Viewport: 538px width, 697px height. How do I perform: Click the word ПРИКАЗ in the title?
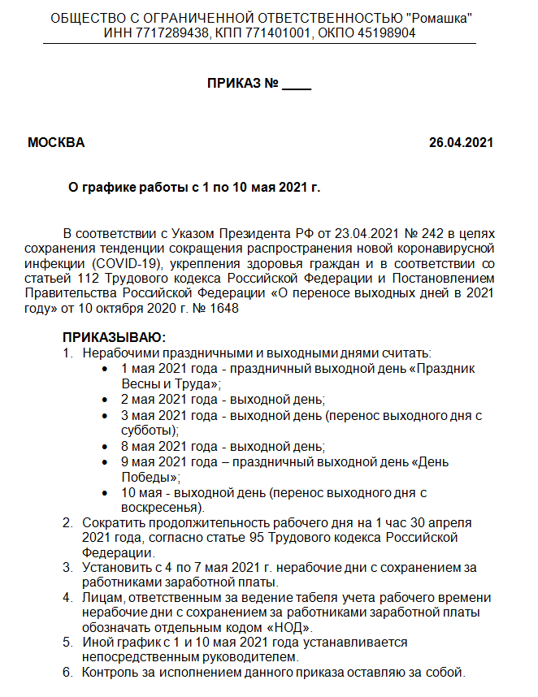point(234,84)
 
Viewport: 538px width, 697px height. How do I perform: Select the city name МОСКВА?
point(55,143)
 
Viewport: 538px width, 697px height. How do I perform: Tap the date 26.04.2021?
point(461,143)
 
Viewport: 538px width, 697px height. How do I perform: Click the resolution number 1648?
point(225,309)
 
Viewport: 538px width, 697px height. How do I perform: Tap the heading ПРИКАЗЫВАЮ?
point(113,337)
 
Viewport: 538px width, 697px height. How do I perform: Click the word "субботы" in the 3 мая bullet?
point(147,431)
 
